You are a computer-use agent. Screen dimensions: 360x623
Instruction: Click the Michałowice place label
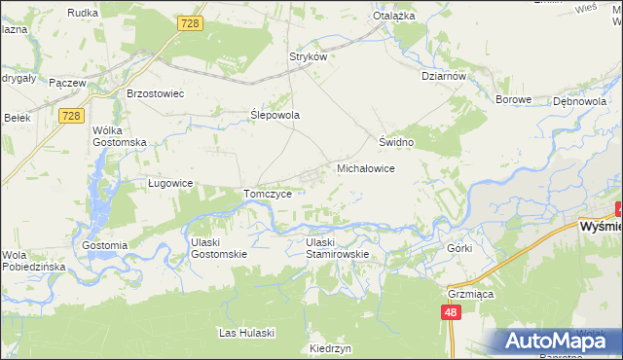pos(365,168)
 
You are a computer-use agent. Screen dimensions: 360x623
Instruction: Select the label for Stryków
pos(307,56)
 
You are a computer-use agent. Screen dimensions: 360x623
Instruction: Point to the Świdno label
pos(397,142)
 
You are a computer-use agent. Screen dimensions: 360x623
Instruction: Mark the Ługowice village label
pos(169,183)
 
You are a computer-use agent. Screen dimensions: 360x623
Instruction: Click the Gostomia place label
pos(105,245)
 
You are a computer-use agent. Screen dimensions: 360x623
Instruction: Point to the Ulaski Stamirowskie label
pos(337,248)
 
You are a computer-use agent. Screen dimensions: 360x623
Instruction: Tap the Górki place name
pos(459,248)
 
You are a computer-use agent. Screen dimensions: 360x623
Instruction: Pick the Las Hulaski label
pos(246,333)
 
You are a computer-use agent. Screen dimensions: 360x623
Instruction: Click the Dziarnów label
pos(444,76)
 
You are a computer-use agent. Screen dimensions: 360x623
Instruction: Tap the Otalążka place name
pos(394,17)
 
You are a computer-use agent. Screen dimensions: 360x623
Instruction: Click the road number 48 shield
pos(449,312)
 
